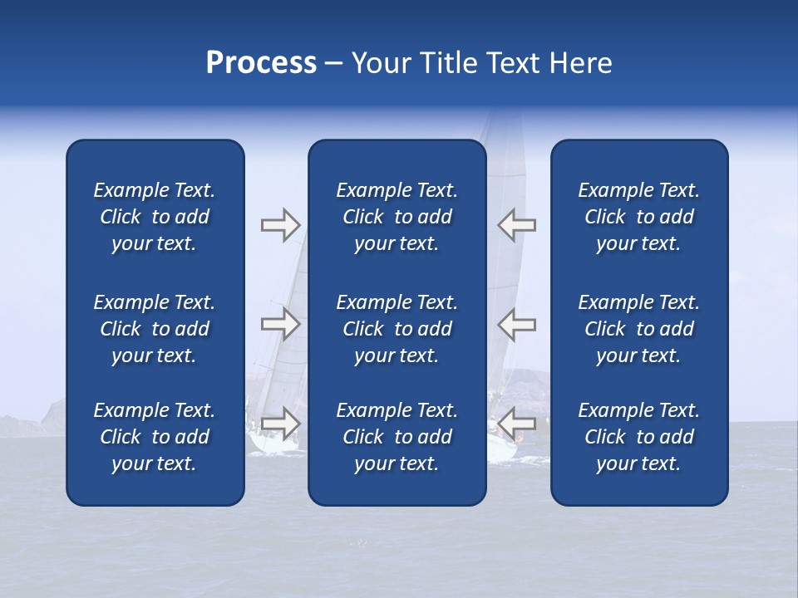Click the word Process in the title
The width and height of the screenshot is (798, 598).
coord(261,63)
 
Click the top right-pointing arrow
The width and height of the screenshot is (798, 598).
coord(280,225)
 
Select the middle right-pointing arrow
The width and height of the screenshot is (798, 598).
coord(280,323)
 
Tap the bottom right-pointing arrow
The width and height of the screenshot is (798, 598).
coord(280,423)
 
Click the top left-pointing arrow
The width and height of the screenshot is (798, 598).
coord(517,225)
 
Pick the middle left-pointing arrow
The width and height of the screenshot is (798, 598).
coord(517,323)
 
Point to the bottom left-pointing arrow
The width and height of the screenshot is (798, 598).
coord(517,423)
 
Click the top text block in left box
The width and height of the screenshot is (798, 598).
coord(155,217)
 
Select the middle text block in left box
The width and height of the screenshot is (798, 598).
coord(155,329)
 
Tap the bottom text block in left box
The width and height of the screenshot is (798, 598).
coord(155,437)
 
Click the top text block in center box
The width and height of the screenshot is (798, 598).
coord(397,217)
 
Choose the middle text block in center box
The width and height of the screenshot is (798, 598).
coord(397,329)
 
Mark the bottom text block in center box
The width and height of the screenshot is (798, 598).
coord(397,437)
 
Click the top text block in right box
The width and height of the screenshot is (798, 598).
coord(638,217)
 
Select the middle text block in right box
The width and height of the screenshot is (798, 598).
coord(638,329)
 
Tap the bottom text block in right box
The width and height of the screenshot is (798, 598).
coord(638,437)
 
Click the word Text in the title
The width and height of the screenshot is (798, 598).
coord(514,63)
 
